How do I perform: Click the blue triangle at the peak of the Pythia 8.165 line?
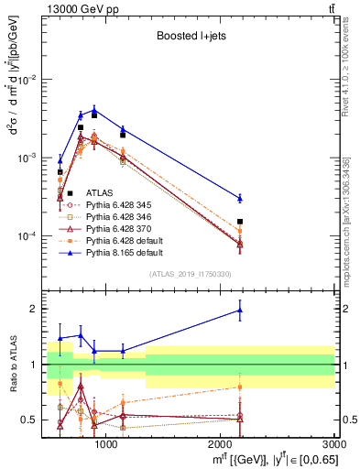pyautogui.click(x=93, y=110)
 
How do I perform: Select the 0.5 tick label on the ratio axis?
pyautogui.click(x=31, y=420)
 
